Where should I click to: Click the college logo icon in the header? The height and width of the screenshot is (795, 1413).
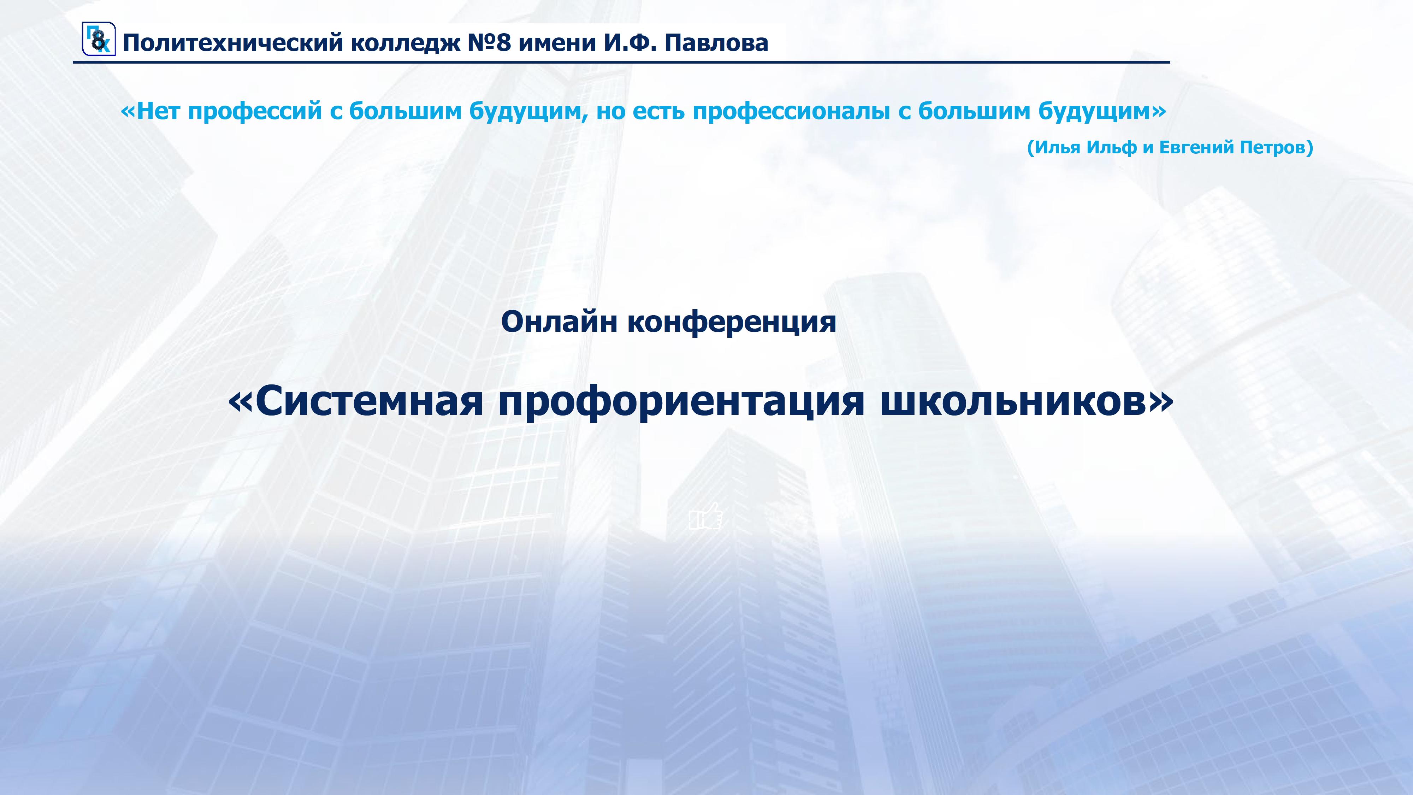(99, 39)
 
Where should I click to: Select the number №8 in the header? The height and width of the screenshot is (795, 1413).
(489, 43)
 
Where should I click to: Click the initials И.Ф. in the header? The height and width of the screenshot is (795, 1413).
(630, 43)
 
